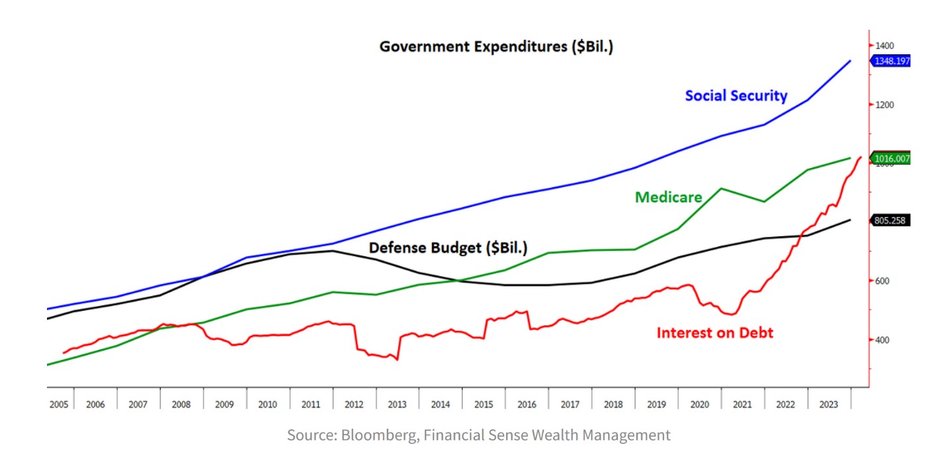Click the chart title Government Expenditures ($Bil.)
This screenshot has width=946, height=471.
pyautogui.click(x=496, y=47)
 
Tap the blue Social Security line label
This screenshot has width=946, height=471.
pyautogui.click(x=736, y=96)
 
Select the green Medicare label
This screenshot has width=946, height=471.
pyautogui.click(x=668, y=197)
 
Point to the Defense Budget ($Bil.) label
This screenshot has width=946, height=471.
pyautogui.click(x=448, y=248)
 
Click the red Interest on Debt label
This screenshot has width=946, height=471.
pyautogui.click(x=714, y=333)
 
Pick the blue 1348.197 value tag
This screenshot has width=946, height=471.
pyautogui.click(x=892, y=61)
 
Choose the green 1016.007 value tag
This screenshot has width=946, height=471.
pyautogui.click(x=892, y=159)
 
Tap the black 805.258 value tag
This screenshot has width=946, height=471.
pyautogui.click(x=890, y=221)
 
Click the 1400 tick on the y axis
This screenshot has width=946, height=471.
pyautogui.click(x=884, y=46)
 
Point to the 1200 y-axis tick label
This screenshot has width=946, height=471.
pyautogui.click(x=884, y=105)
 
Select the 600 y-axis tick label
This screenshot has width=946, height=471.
pyautogui.click(x=882, y=281)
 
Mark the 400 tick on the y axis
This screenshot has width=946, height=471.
pyautogui.click(x=882, y=340)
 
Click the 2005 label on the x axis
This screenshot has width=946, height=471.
pyautogui.click(x=58, y=404)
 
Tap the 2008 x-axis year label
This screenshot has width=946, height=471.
pyautogui.click(x=181, y=404)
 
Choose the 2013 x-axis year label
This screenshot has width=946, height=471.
pyautogui.click(x=397, y=404)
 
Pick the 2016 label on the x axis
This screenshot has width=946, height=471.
pyautogui.click(x=527, y=404)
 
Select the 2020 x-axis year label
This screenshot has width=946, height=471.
pyautogui.click(x=699, y=404)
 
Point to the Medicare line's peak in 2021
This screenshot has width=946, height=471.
pyautogui.click(x=721, y=189)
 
